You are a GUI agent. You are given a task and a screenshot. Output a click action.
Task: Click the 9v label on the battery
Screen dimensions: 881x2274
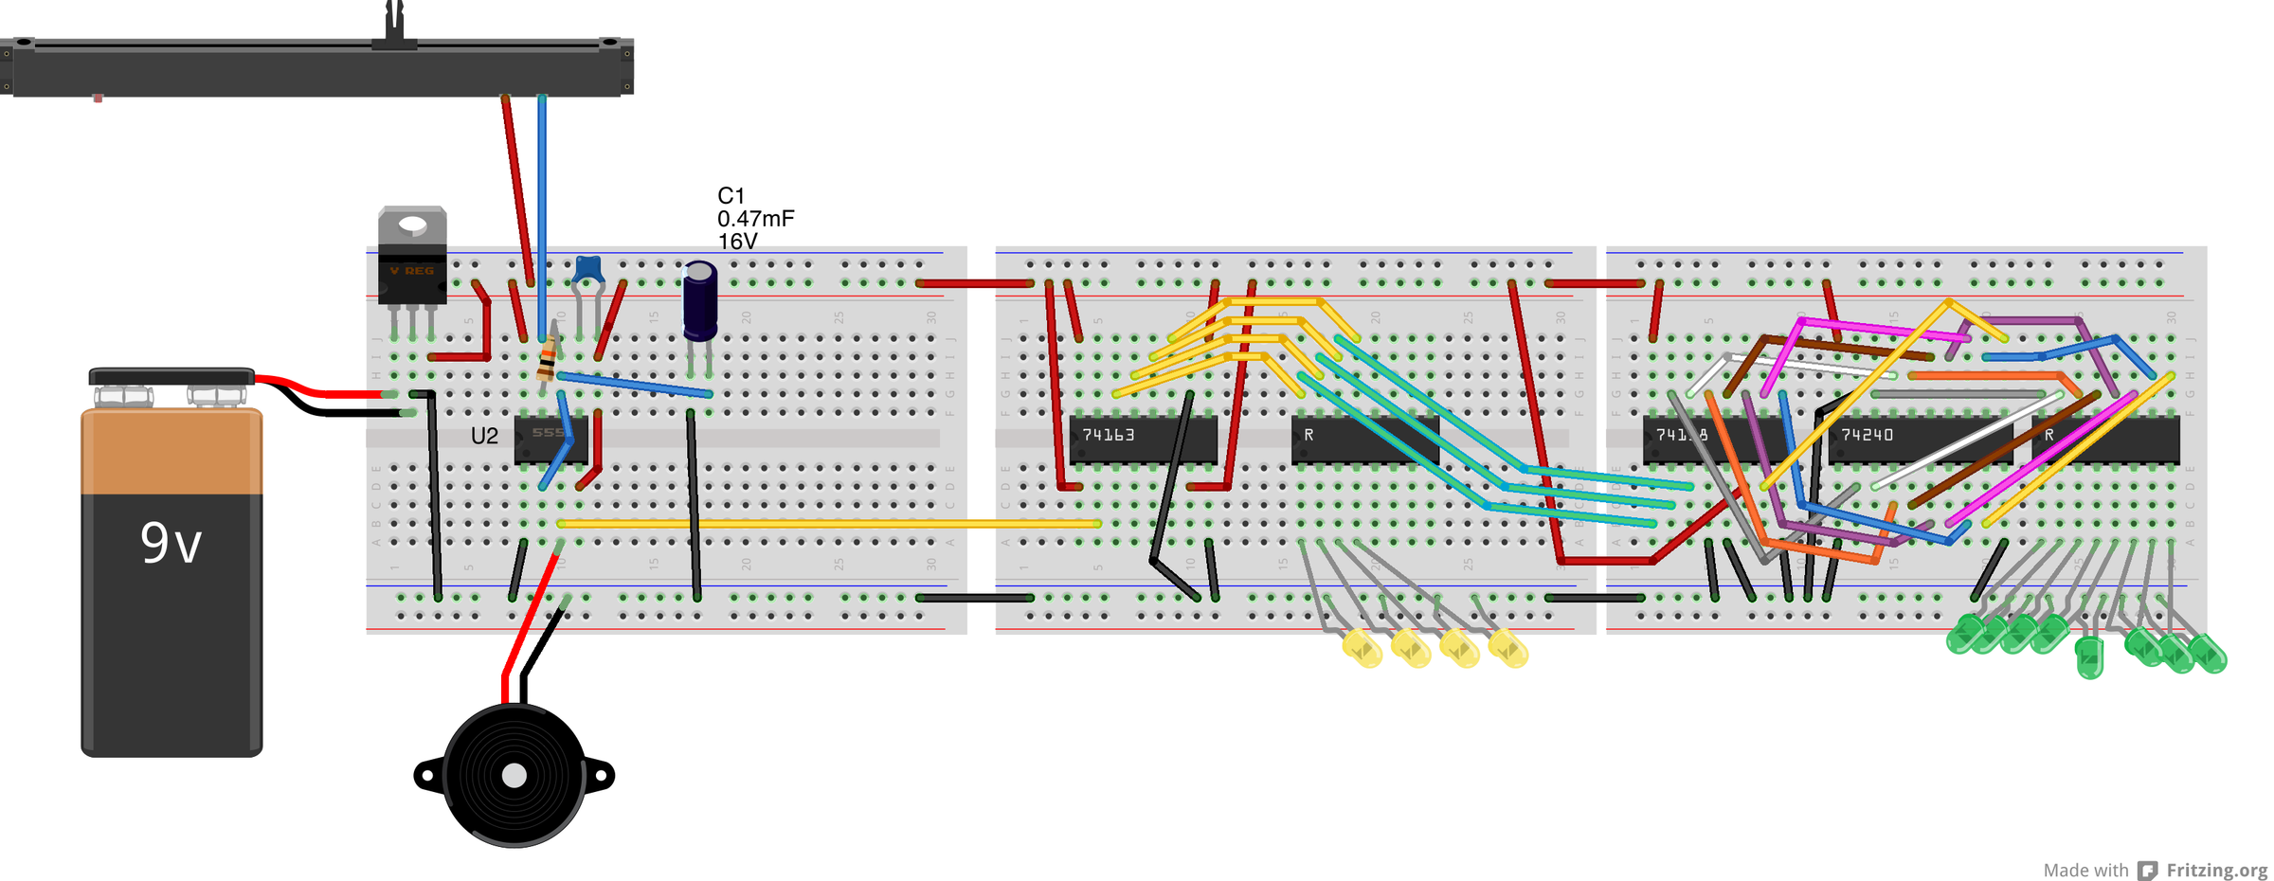coord(171,544)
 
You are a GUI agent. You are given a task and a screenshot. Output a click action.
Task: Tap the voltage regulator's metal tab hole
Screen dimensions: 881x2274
coord(412,225)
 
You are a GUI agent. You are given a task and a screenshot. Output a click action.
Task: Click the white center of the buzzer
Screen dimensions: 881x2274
coord(514,776)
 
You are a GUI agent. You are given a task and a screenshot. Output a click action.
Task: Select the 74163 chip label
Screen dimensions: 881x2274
coord(1109,435)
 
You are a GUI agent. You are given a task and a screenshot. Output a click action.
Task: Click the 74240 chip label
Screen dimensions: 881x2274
coord(1867,435)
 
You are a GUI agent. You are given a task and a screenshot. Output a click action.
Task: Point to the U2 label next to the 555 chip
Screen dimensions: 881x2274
coord(484,436)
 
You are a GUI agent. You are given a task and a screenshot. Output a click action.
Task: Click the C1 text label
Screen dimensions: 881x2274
coord(731,196)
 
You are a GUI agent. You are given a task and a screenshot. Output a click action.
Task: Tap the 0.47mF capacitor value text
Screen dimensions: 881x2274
coord(755,219)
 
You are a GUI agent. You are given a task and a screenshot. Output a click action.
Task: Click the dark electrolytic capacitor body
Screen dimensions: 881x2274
coord(700,301)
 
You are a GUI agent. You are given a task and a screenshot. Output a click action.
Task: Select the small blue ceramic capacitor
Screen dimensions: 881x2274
coord(588,269)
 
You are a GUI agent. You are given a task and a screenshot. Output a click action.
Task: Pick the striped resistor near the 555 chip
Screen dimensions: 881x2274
coord(547,360)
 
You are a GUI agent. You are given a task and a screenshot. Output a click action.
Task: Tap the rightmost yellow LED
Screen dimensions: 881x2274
coord(1508,650)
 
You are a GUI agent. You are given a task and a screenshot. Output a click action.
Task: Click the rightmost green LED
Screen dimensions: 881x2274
coord(2210,654)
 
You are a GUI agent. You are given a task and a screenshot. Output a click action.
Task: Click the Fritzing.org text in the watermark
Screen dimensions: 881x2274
coord(2216,870)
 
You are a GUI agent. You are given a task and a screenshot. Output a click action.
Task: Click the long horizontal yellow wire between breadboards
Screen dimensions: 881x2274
coord(829,523)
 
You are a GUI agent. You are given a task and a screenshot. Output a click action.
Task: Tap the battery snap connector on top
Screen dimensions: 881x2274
coord(171,377)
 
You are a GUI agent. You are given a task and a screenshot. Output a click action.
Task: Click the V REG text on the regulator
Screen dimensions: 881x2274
coord(412,271)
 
